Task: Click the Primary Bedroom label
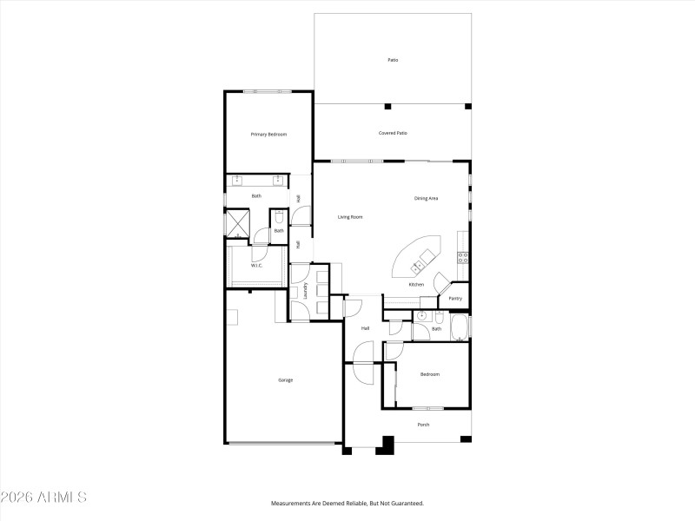point(268,135)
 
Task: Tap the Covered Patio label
point(393,133)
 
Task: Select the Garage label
point(285,379)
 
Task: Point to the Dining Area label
point(426,198)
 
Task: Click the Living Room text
point(350,216)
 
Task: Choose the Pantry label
point(455,299)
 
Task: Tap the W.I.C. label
point(257,265)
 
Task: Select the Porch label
point(423,425)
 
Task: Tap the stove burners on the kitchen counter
point(464,257)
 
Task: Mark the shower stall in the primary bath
point(237,223)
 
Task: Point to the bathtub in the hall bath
point(460,328)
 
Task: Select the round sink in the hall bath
point(420,316)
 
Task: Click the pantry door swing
point(440,282)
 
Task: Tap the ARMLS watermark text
point(43,498)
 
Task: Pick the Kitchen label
point(416,285)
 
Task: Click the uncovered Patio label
point(393,60)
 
